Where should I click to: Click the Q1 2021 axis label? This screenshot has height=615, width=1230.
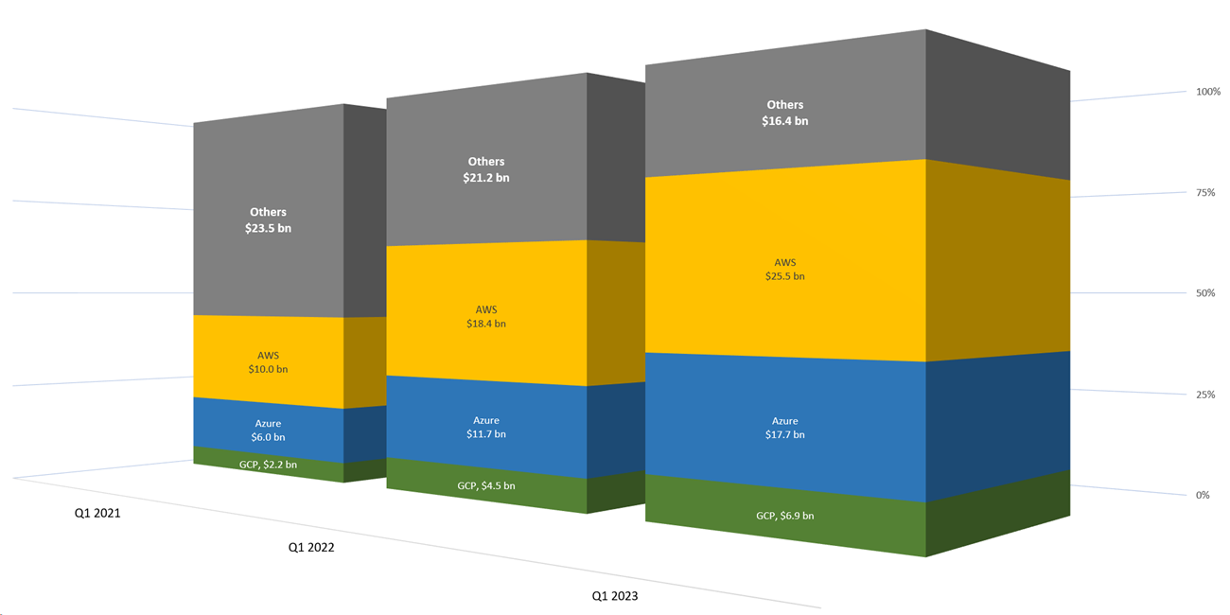tap(98, 514)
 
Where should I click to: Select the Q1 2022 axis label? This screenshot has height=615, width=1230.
tap(311, 547)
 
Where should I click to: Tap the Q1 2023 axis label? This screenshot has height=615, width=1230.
tap(615, 596)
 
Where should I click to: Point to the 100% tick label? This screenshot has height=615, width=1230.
tap(1208, 92)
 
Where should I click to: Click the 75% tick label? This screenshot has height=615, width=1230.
tap(1205, 192)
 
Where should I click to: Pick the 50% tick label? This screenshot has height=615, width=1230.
tap(1205, 293)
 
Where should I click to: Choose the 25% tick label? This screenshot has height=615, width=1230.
tap(1205, 395)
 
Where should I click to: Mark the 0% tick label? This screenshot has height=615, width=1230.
tap(1203, 495)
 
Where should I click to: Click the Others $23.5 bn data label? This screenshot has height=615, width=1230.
tap(268, 220)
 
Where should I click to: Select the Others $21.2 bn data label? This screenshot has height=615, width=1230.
tap(486, 169)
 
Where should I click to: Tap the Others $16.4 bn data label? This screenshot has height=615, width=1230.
tap(785, 113)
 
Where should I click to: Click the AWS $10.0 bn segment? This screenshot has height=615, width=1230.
tap(268, 361)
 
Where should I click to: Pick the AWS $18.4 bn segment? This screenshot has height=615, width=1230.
tap(486, 316)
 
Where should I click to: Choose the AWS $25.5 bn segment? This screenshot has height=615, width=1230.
tap(785, 269)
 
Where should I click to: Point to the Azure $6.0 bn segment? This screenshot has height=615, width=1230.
tap(268, 430)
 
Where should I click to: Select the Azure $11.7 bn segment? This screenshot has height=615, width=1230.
tap(486, 427)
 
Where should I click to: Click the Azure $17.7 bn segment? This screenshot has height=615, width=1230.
tap(785, 428)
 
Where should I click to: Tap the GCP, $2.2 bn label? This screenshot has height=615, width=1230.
tap(268, 465)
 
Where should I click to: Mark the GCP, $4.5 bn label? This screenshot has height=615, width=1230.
tap(486, 486)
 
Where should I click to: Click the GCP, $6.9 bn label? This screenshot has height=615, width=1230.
tap(785, 516)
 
